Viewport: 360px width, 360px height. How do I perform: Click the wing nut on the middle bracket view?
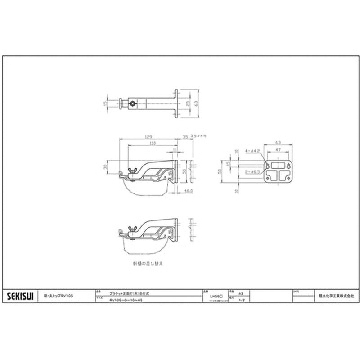[x=132, y=170]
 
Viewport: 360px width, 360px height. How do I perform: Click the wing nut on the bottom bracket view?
[x=132, y=229]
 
